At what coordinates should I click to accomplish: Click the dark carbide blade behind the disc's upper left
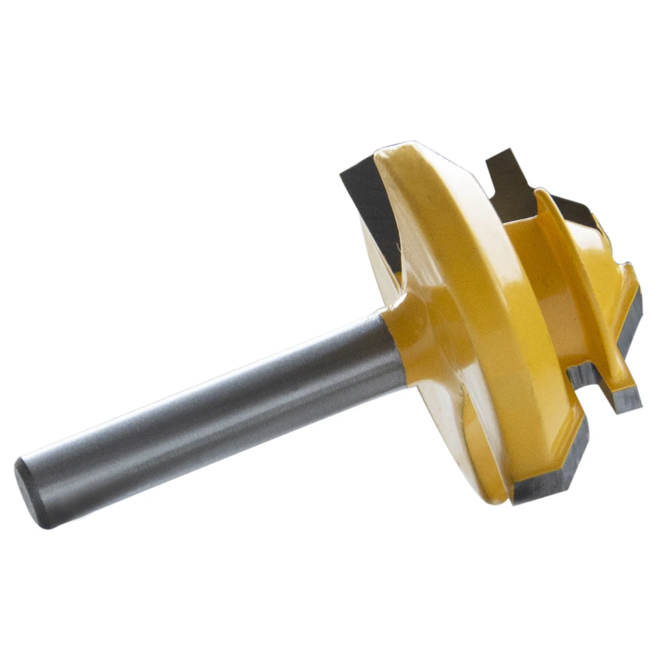point(368,192)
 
